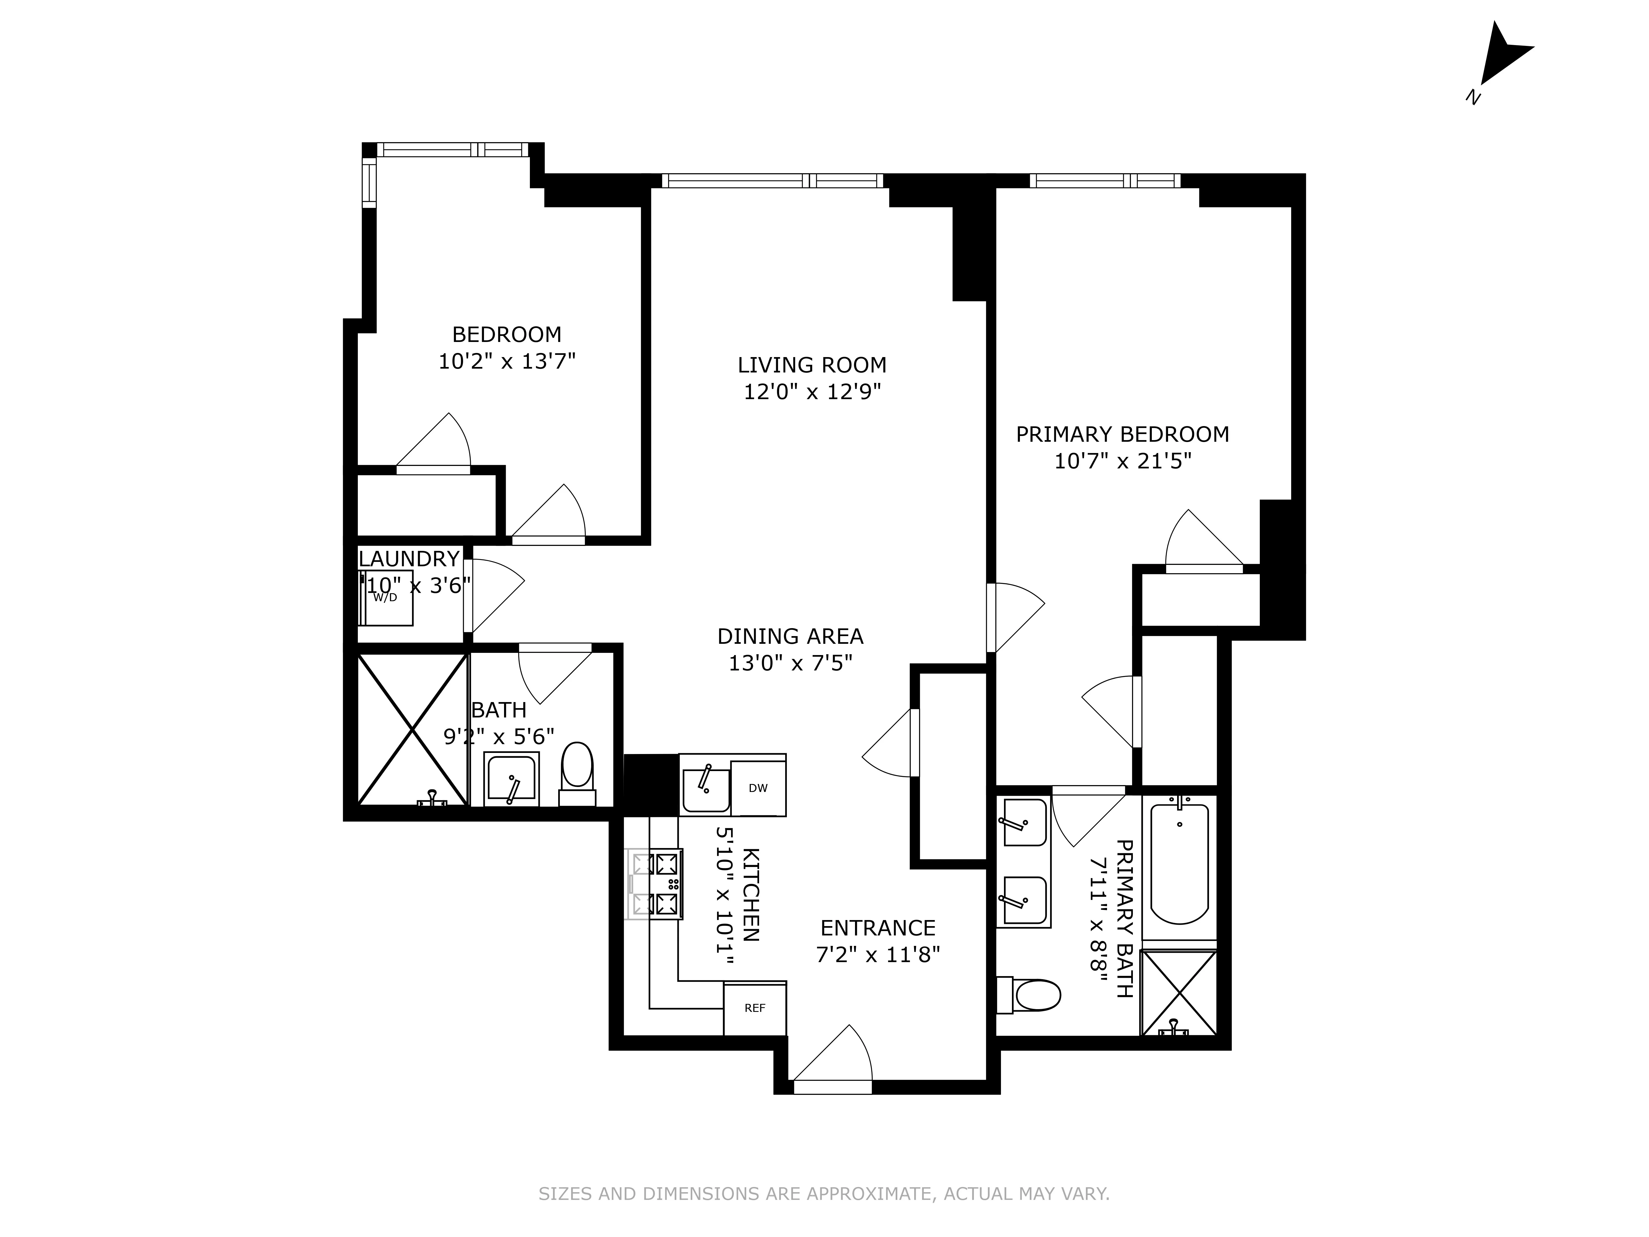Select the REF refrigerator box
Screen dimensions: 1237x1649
click(754, 1008)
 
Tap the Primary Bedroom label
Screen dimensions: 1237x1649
click(1122, 434)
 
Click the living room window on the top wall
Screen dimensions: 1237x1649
click(771, 180)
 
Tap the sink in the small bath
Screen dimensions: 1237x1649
click(511, 779)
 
